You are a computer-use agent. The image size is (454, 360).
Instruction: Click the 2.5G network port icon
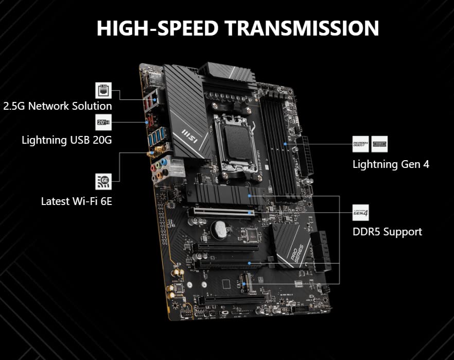tap(103, 90)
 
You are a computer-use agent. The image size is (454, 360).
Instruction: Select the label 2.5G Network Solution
tap(58, 106)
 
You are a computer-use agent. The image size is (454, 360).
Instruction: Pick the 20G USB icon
tap(103, 123)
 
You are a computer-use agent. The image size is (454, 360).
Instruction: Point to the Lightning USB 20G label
tap(67, 140)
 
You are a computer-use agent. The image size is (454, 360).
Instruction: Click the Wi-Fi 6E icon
tap(103, 181)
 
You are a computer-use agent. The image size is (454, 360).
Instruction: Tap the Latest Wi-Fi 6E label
tap(77, 201)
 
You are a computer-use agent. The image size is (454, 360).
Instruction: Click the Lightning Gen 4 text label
tap(391, 164)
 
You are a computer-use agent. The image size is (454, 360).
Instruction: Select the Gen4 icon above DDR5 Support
tap(360, 212)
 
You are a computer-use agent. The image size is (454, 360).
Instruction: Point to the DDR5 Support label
tap(387, 232)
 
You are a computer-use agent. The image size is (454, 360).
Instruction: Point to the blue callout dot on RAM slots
tap(284, 145)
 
